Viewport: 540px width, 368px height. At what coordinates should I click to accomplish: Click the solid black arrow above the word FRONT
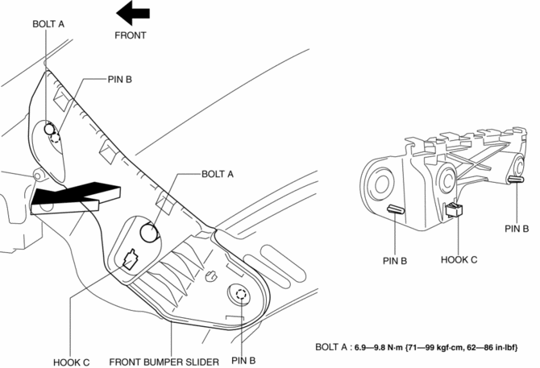(133, 13)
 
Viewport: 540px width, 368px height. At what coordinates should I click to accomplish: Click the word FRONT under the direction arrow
(131, 35)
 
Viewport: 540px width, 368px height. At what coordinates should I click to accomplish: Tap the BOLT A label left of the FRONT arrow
(48, 24)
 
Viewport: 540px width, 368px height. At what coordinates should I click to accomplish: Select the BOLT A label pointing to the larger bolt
(218, 175)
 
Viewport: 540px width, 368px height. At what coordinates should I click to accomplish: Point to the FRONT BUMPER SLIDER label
(164, 362)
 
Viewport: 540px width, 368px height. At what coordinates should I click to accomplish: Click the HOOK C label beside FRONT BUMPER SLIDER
(71, 362)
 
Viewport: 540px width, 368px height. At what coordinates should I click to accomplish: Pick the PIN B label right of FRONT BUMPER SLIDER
(243, 361)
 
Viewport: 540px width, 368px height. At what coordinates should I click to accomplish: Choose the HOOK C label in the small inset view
(459, 259)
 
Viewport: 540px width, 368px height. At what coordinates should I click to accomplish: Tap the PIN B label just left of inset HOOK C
(395, 261)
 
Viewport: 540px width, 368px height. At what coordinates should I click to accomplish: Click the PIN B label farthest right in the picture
(517, 229)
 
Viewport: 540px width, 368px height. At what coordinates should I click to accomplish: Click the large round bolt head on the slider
(150, 232)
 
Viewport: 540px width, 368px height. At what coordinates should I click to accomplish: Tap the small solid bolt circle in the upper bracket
(49, 130)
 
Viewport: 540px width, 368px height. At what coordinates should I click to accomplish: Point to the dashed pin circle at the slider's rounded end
(241, 295)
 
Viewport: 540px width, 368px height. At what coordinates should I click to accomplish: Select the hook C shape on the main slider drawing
(130, 259)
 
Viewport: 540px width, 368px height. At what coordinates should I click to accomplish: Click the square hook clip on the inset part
(454, 209)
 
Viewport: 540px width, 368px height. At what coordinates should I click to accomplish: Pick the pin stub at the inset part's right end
(516, 180)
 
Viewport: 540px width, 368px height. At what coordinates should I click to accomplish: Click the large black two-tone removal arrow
(76, 198)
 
